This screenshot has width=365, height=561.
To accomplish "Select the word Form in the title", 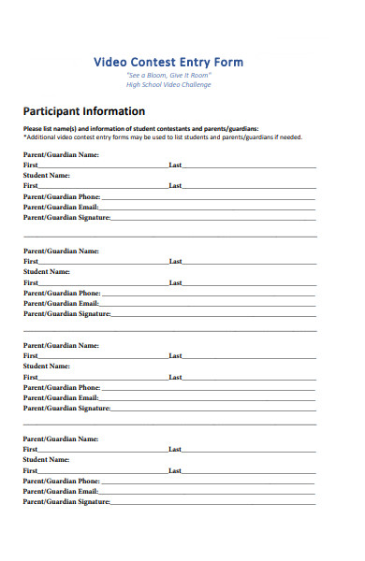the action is point(227,63).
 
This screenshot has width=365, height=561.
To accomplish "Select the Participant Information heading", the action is point(84,111).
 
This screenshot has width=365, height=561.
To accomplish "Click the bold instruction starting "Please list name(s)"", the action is point(140,129).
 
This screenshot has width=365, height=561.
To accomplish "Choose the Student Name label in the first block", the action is point(47,175).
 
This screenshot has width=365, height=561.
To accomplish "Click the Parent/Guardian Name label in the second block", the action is point(61,251).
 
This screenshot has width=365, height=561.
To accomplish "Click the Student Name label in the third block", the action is point(47,366).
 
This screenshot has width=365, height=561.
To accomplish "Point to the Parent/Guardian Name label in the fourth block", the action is point(61,439).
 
